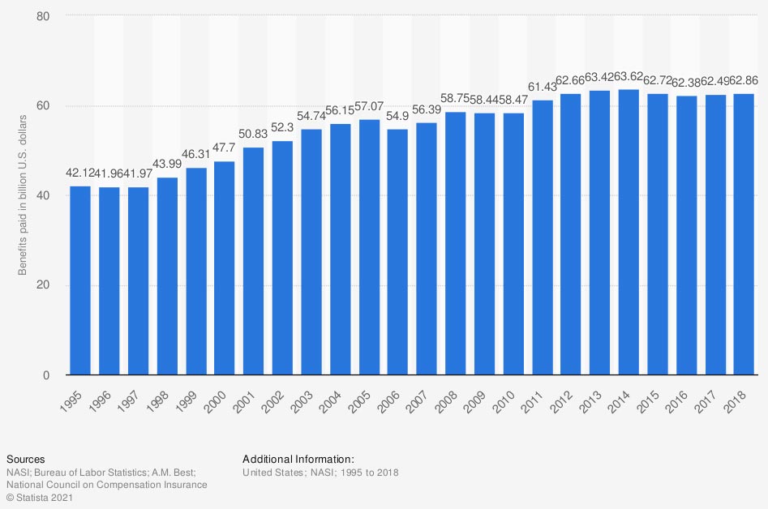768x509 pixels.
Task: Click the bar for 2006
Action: [x=397, y=252]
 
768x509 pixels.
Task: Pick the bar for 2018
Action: [x=744, y=234]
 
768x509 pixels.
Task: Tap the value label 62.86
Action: [x=744, y=81]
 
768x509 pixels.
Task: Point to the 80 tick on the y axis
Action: [x=50, y=16]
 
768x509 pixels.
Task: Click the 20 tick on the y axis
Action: [x=50, y=285]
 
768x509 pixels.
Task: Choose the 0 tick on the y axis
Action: [x=54, y=375]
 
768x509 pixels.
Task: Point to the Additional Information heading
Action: [x=298, y=459]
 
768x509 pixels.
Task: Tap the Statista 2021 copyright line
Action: [x=38, y=497]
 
